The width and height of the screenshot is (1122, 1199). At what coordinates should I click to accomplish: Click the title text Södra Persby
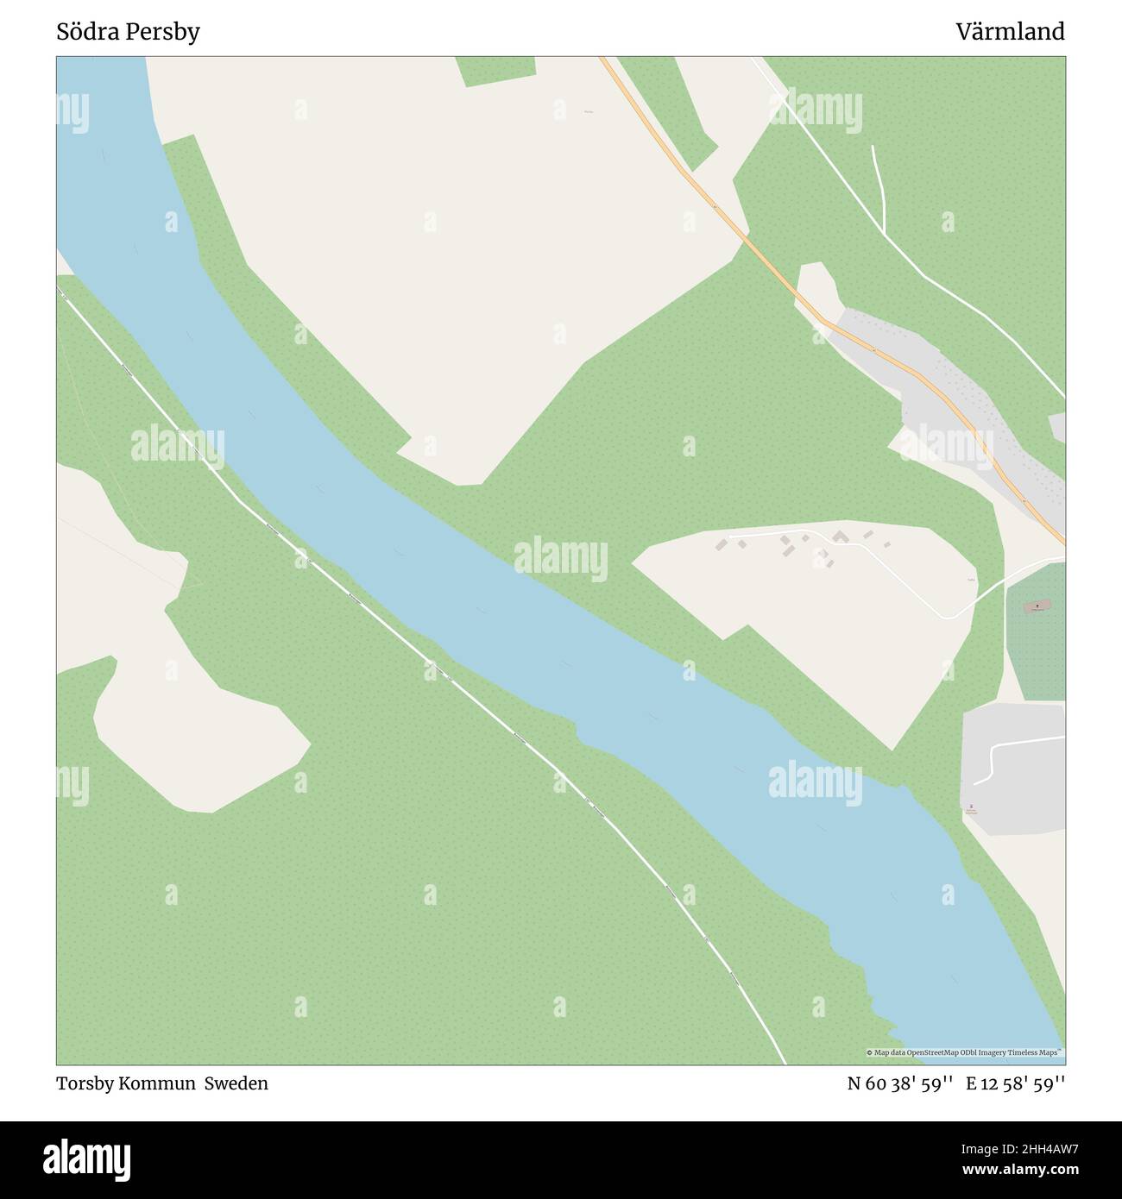(x=128, y=32)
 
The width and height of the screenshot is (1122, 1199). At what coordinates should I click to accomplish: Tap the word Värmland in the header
(x=1009, y=32)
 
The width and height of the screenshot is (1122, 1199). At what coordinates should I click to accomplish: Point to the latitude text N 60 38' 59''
(x=899, y=1083)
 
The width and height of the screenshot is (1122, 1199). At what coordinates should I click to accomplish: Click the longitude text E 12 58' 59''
(x=1015, y=1083)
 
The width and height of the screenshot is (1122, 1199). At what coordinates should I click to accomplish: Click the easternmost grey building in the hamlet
(x=886, y=544)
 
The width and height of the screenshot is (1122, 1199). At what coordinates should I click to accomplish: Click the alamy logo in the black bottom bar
(x=86, y=1160)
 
